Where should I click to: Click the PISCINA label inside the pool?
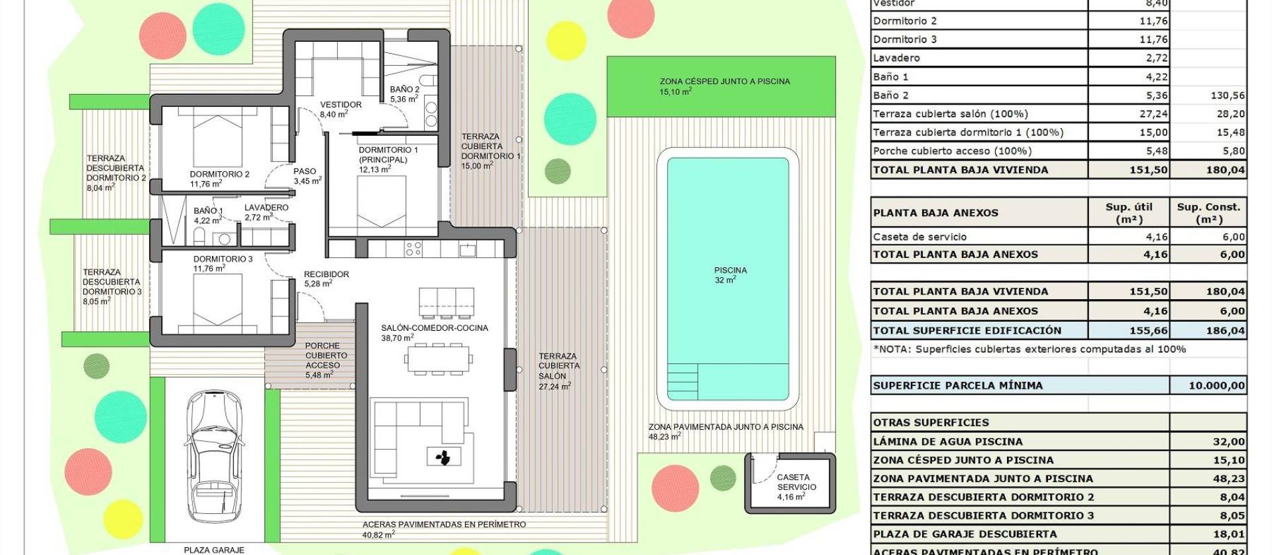click(x=730, y=271)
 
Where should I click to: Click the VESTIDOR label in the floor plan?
click(x=341, y=105)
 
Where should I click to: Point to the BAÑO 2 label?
click(x=404, y=90)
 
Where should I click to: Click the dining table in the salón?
click(x=438, y=359)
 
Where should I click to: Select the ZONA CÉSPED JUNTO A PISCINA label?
click(x=724, y=82)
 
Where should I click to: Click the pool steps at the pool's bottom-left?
click(x=682, y=381)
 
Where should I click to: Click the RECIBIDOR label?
click(x=326, y=274)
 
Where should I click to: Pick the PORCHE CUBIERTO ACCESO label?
click(x=323, y=355)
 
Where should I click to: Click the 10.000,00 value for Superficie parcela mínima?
click(x=1216, y=385)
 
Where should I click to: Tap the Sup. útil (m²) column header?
click(x=1129, y=213)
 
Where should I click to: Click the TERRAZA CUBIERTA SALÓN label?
click(x=558, y=366)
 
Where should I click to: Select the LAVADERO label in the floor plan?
click(x=266, y=208)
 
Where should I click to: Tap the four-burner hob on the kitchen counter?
click(x=413, y=249)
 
